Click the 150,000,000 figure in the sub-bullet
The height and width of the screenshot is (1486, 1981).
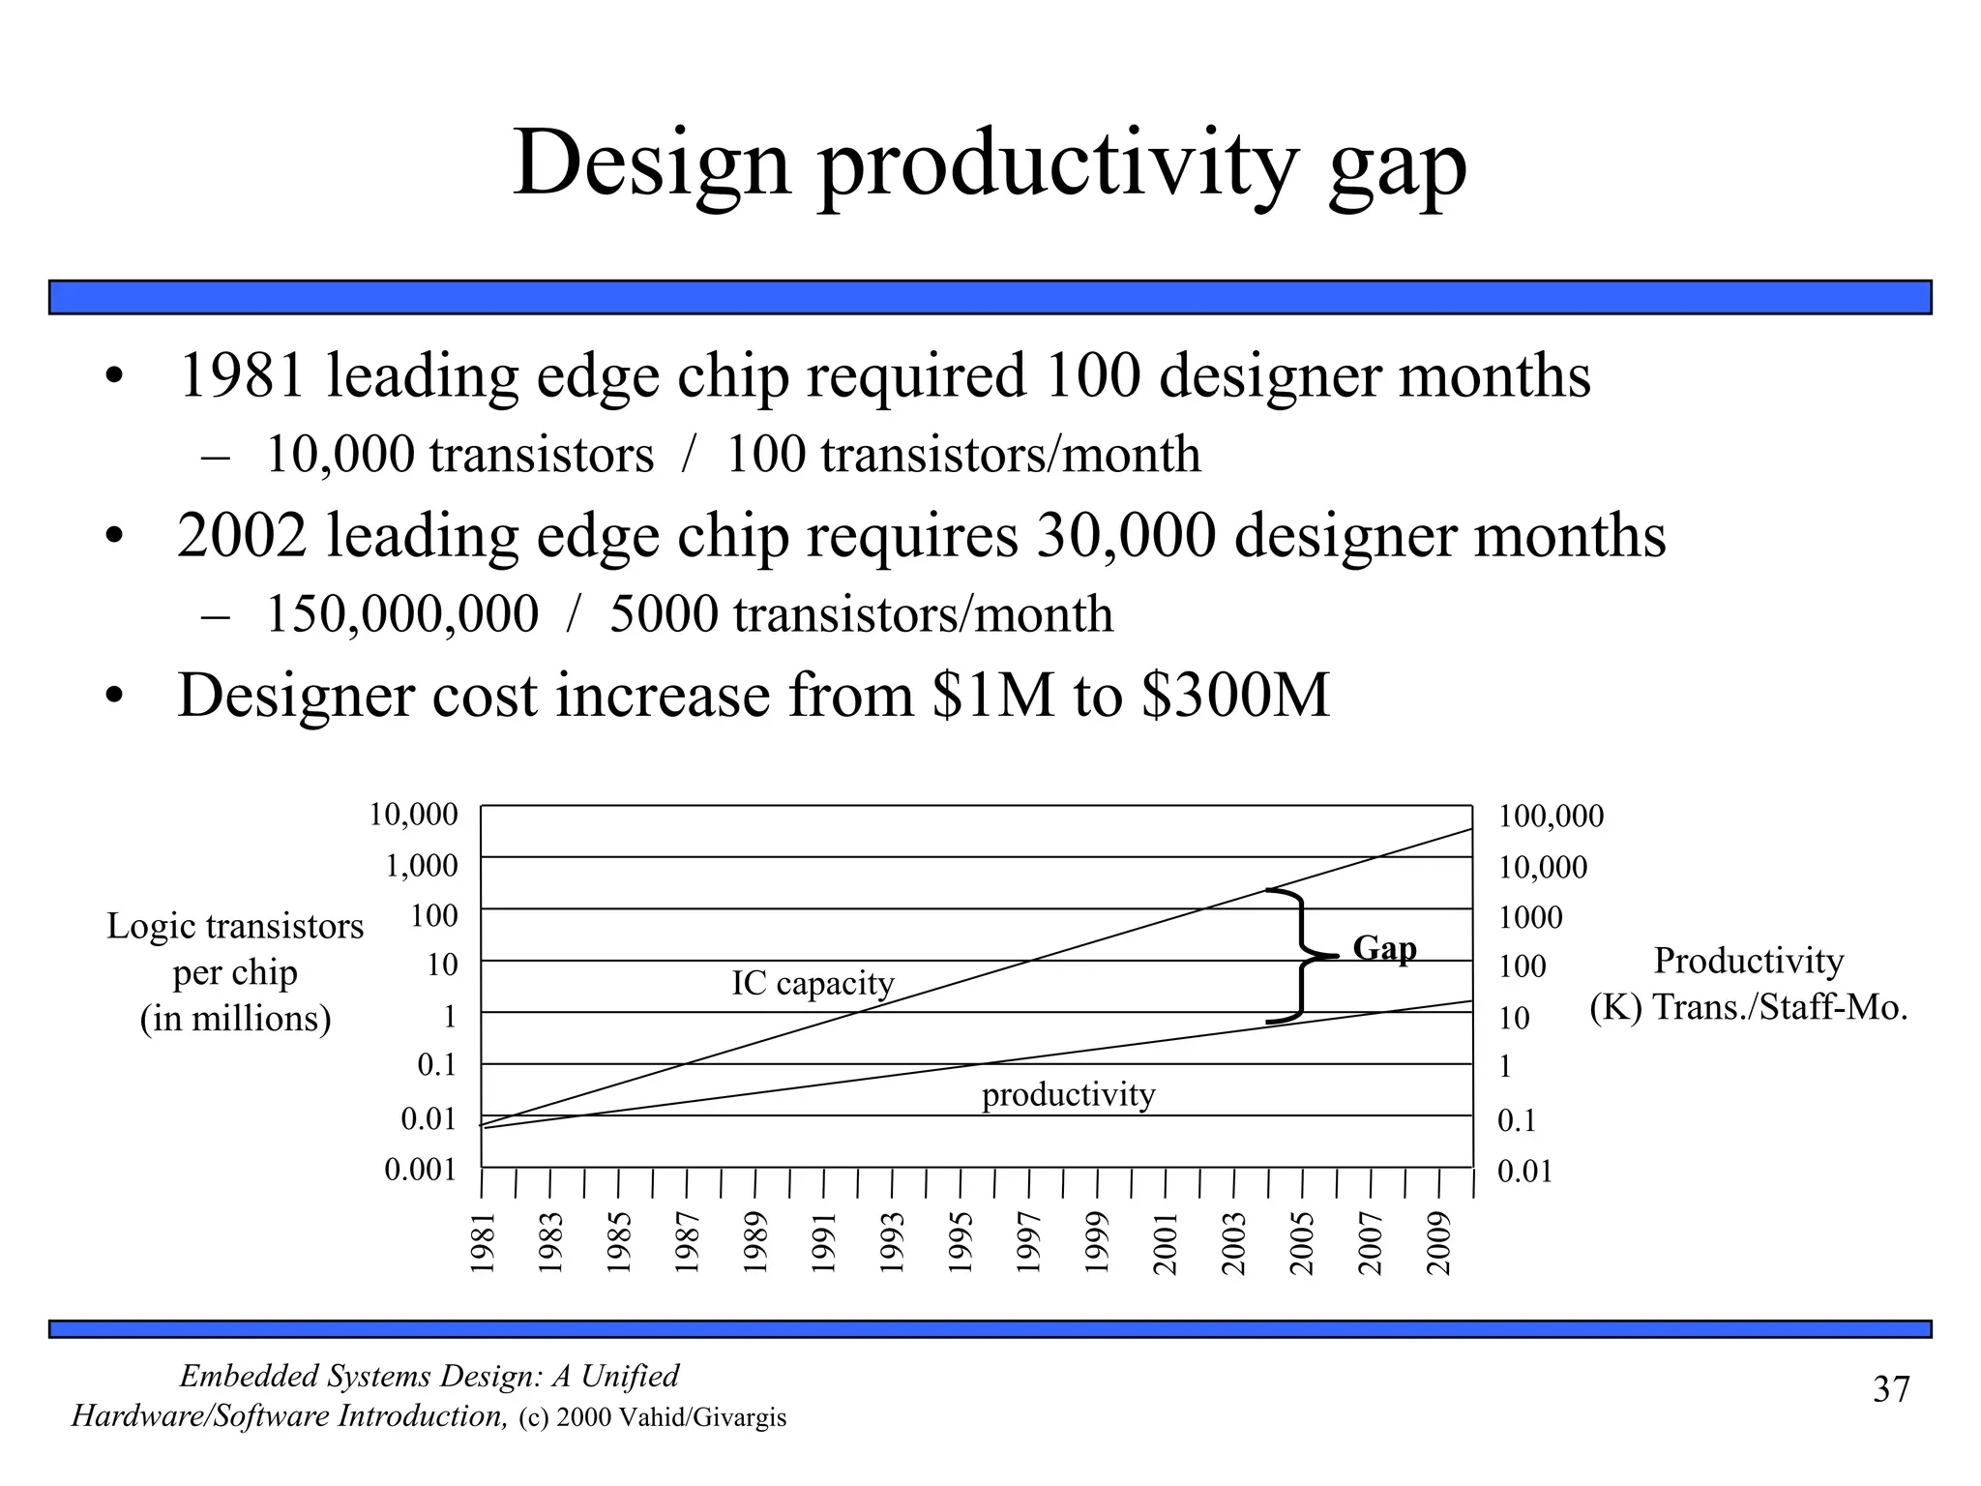[x=401, y=614]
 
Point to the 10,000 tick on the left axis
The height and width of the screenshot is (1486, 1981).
[x=413, y=815]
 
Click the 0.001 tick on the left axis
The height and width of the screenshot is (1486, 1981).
[x=420, y=1170]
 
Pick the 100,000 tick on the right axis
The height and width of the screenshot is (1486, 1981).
[x=1551, y=817]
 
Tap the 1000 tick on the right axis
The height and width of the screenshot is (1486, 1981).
[x=1530, y=917]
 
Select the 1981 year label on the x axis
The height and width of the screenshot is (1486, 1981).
[x=483, y=1242]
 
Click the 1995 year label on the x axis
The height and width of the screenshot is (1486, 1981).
[x=961, y=1242]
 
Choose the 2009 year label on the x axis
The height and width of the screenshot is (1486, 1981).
[x=1439, y=1242]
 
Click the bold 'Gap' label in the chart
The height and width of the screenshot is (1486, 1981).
[x=1384, y=948]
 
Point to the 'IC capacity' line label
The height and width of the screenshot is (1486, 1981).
[x=813, y=983]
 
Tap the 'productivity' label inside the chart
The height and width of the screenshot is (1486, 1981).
[x=1068, y=1094]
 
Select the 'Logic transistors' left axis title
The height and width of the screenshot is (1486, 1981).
[x=235, y=926]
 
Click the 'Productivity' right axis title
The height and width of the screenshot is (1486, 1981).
[x=1748, y=961]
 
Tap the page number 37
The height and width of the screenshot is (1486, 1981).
[x=1891, y=1389]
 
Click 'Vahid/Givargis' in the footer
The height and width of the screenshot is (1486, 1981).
[x=702, y=1418]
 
